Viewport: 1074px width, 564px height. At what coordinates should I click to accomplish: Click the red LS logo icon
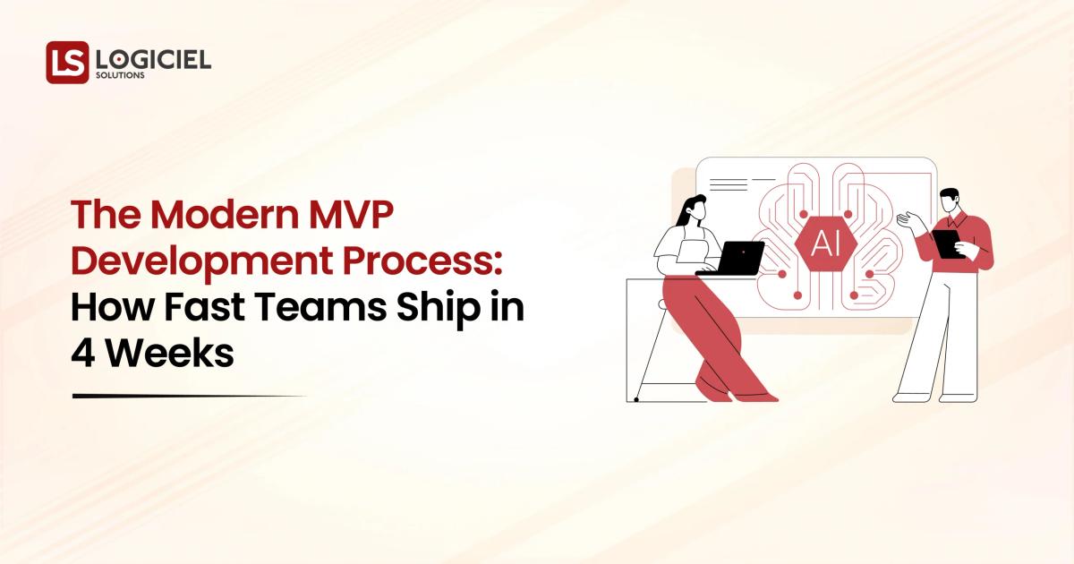coord(67,62)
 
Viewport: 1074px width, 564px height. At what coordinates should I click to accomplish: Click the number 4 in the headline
coord(82,355)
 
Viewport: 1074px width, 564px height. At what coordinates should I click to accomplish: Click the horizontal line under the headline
coord(188,396)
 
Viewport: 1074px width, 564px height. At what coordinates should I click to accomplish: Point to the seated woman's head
coord(694,210)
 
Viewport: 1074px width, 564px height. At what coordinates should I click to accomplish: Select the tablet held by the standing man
coord(946,244)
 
